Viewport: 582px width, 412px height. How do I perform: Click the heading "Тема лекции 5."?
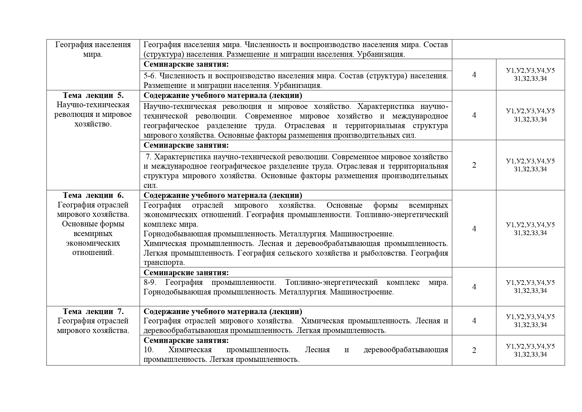pos(93,96)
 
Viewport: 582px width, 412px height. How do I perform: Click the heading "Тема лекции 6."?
pos(93,195)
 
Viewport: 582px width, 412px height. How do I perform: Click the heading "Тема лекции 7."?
pos(93,311)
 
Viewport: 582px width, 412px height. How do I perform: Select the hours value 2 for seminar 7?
pos(474,165)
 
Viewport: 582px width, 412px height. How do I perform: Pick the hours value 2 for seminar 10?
pos(474,350)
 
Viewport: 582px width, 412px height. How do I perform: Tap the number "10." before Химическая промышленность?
pos(149,350)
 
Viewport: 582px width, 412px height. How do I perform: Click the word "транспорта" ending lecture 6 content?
pos(163,263)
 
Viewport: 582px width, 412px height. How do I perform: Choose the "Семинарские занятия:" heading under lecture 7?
pos(186,340)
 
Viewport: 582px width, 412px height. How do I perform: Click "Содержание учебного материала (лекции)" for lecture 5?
pos(223,96)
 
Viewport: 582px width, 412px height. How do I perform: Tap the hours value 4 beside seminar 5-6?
pos(474,75)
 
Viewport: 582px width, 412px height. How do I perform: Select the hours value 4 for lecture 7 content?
pos(474,321)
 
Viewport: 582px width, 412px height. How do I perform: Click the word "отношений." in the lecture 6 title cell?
pos(93,253)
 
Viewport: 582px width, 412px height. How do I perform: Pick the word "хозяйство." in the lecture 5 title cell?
pos(93,124)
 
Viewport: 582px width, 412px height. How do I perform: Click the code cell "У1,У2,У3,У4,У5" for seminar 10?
pos(530,346)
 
